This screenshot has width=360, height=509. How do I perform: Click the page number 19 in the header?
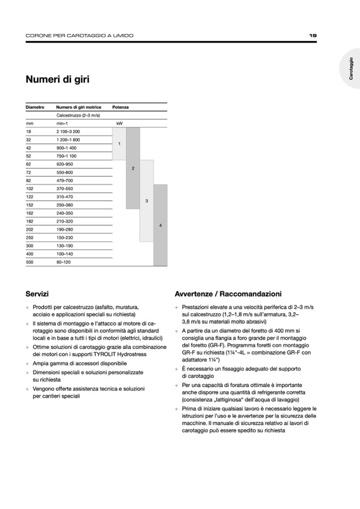[313, 36]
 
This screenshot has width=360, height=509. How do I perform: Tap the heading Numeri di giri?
[57, 80]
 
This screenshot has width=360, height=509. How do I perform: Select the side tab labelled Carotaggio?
[351, 68]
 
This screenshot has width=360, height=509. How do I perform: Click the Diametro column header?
[35, 107]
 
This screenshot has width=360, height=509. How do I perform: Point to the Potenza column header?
[121, 107]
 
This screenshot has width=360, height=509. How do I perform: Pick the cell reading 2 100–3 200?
[68, 131]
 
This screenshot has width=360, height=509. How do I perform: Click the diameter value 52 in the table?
[29, 156]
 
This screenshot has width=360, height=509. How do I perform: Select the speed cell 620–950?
[65, 164]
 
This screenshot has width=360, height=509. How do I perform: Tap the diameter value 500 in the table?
[30, 262]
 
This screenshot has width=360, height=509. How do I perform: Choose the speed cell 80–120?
[64, 262]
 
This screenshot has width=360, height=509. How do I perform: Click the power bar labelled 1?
[119, 144]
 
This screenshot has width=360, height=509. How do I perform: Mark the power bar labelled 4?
[160, 225]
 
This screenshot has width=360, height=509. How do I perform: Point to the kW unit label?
[119, 123]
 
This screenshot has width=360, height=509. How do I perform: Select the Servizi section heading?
[37, 294]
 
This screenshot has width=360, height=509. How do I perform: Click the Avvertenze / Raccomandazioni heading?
[228, 294]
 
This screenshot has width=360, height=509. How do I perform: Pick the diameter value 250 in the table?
[30, 237]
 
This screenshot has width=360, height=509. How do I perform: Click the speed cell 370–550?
[65, 188]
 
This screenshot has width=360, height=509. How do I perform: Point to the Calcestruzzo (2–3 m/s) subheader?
[78, 115]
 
